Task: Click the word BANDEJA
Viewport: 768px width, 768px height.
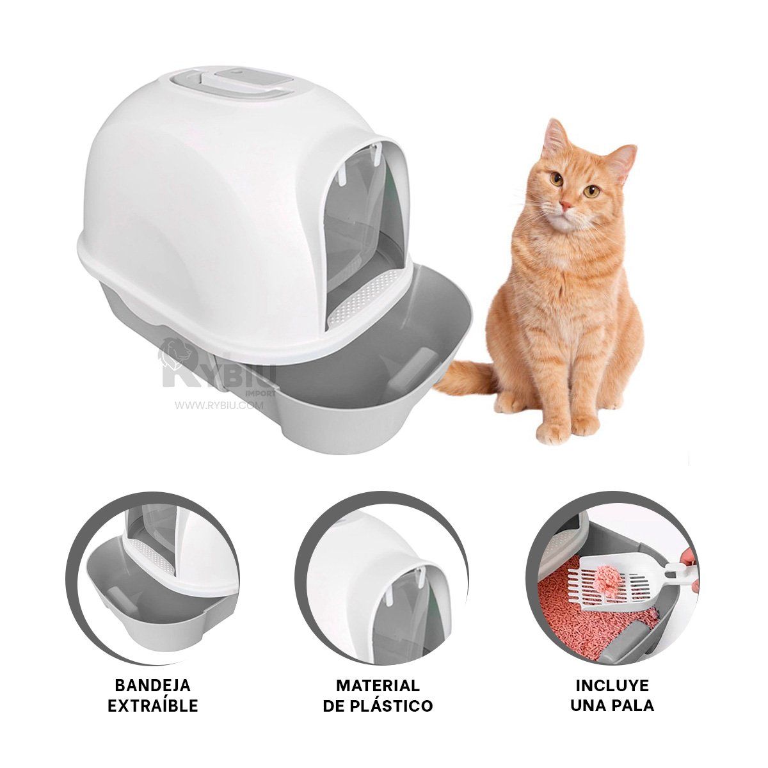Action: pyautogui.click(x=152, y=685)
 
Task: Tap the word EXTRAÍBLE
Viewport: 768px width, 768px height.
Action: pyautogui.click(x=152, y=706)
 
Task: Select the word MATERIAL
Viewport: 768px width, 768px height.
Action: pyautogui.click(x=378, y=685)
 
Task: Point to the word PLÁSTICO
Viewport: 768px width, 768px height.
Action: pyautogui.click(x=396, y=706)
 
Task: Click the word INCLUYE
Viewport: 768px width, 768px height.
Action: pyautogui.click(x=612, y=685)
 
